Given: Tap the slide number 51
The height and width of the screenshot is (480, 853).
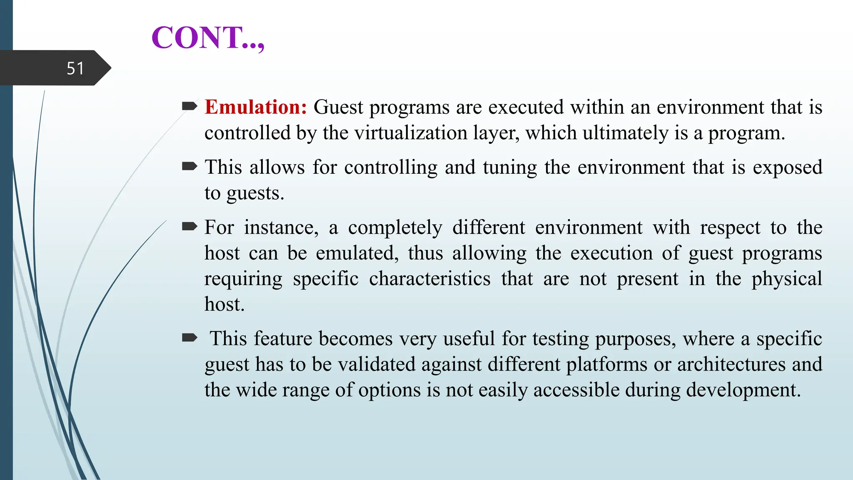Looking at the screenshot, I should point(75,68).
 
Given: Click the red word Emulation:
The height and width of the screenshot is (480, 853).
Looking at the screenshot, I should point(256,107).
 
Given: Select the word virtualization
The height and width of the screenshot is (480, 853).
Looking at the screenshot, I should point(413,133).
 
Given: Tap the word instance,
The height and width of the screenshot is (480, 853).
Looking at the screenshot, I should point(281,227).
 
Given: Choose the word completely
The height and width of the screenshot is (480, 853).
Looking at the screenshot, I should point(395,227).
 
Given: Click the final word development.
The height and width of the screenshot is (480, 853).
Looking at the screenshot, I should point(743,390).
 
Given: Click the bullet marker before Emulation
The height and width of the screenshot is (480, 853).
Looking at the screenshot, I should point(190,106).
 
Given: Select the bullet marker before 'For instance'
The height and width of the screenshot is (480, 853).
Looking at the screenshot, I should point(190,227).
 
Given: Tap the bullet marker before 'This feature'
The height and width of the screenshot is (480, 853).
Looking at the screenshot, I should point(190,337).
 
